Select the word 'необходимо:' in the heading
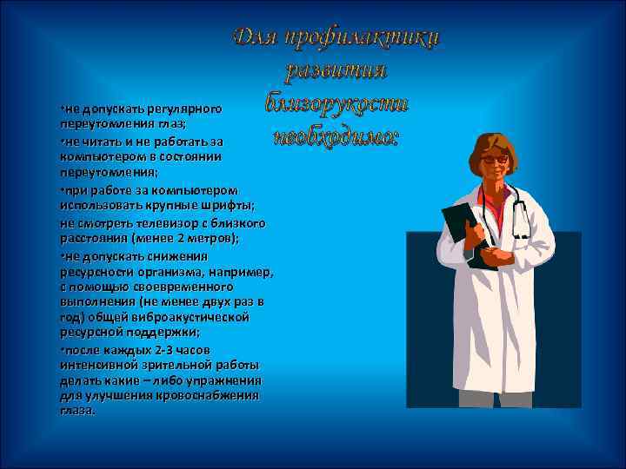[x=336, y=137]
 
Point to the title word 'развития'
[x=336, y=70]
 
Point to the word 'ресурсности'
[x=97, y=272]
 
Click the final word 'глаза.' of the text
[x=77, y=410]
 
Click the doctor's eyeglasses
[x=496, y=160]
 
